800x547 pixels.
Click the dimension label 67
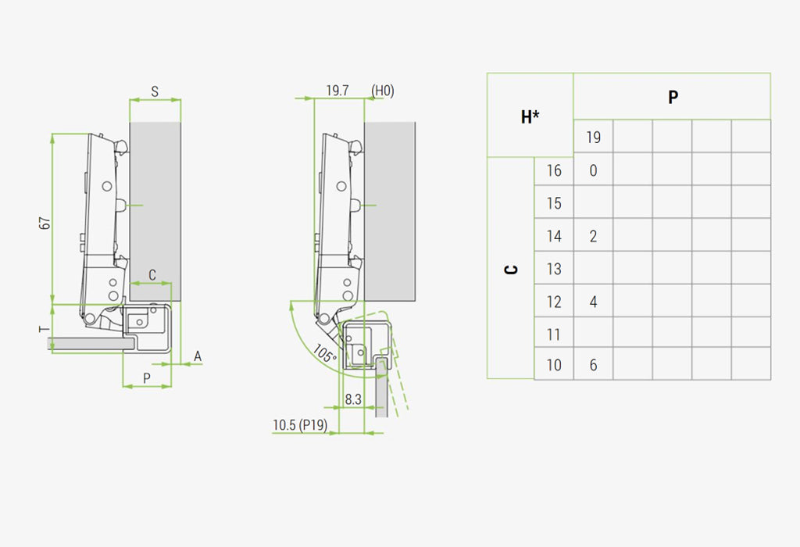click(45, 223)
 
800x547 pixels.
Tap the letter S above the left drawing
click(155, 92)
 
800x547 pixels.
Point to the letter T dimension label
click(45, 329)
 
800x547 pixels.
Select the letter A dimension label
click(198, 356)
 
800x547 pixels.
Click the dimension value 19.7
click(337, 91)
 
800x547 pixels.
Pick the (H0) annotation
click(383, 91)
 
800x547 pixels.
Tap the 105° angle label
click(324, 353)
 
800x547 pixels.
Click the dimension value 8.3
click(353, 399)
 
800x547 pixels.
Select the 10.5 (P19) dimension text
click(300, 425)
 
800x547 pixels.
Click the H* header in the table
click(530, 117)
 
